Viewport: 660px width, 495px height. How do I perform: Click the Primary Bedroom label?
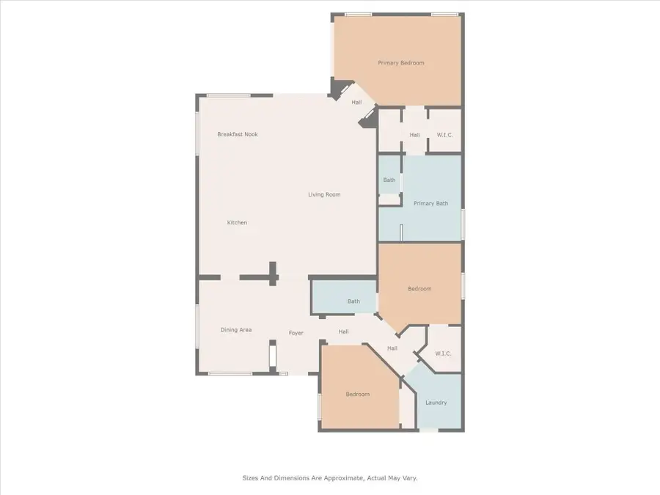click(x=400, y=63)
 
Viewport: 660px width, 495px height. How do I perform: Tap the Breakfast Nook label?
click(x=237, y=134)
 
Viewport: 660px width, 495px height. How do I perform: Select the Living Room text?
click(x=323, y=194)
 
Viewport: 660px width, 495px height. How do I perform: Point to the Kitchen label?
click(x=236, y=222)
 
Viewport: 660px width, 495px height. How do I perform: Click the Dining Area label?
click(x=235, y=330)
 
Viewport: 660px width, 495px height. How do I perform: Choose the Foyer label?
click(x=296, y=333)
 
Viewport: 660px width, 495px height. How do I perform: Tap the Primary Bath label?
click(x=430, y=203)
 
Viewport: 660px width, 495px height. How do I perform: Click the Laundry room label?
click(x=436, y=403)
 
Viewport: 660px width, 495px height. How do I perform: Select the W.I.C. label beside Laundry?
click(x=443, y=353)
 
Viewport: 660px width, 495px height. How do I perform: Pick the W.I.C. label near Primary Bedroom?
click(x=445, y=135)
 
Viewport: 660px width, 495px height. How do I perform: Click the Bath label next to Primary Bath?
click(x=389, y=180)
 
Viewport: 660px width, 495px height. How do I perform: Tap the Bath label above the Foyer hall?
click(x=353, y=301)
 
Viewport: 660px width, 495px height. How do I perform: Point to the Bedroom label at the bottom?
click(x=357, y=395)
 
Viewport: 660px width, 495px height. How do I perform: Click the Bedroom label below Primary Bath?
click(x=419, y=289)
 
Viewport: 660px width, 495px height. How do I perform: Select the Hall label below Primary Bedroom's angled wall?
click(x=356, y=103)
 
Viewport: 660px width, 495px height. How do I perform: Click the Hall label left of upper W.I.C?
click(x=414, y=135)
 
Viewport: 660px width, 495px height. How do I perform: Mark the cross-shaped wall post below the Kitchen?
click(x=272, y=274)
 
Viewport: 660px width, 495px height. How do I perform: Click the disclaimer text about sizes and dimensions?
click(x=330, y=477)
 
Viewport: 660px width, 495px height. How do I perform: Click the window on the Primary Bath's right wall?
click(x=463, y=224)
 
